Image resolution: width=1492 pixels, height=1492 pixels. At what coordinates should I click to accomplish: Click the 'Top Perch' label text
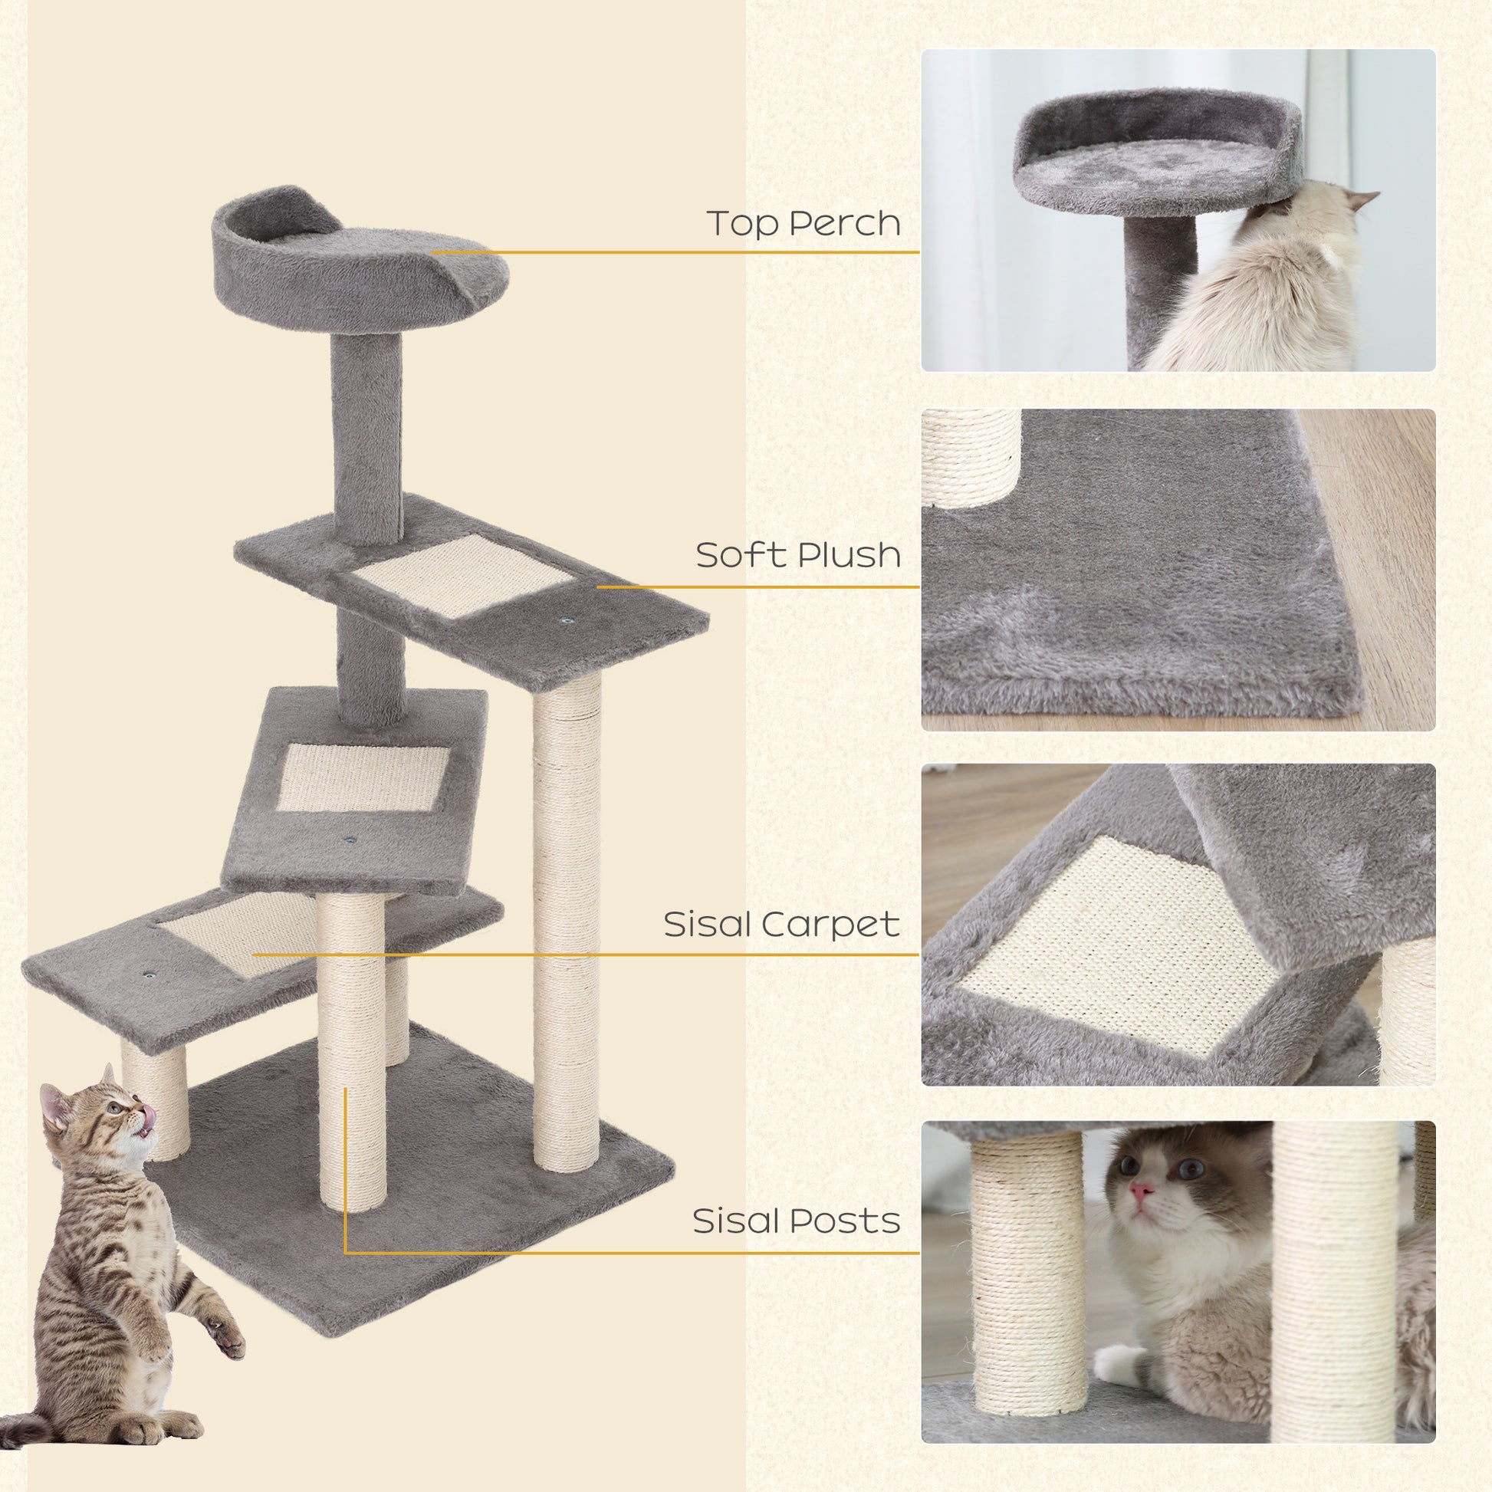click(804, 224)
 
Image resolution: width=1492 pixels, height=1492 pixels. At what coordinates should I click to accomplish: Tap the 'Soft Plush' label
click(797, 555)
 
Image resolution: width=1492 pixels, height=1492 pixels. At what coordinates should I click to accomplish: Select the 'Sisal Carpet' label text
click(781, 925)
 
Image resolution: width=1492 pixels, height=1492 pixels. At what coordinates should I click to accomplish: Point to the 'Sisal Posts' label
click(795, 1221)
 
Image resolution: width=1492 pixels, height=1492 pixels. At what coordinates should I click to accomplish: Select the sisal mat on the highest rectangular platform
click(463, 575)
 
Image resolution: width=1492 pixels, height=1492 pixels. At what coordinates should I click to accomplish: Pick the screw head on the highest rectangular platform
click(567, 621)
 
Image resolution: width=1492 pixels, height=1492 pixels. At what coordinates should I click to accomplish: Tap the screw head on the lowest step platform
click(146, 976)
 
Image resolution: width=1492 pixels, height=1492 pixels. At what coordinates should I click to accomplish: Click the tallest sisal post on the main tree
click(566, 927)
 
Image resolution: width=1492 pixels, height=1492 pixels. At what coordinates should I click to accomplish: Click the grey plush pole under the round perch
click(366, 425)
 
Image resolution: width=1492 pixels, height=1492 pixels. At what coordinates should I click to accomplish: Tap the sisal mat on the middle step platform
click(361, 777)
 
